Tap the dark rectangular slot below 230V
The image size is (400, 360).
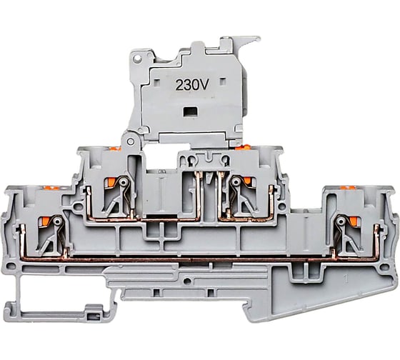(189, 111)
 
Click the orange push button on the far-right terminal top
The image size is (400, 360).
(349, 189)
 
